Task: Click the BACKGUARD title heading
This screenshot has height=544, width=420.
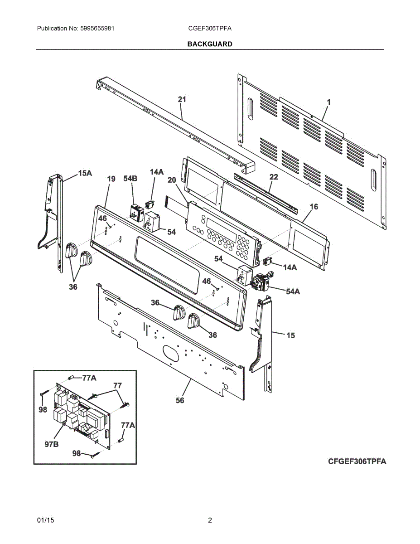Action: (210, 44)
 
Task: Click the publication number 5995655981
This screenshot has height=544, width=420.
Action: (97, 28)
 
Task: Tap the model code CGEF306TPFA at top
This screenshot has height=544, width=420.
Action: (210, 28)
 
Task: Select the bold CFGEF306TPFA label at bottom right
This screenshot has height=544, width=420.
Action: (357, 461)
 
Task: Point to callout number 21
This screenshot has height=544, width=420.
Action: (182, 99)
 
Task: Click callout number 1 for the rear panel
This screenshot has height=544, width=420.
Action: (329, 102)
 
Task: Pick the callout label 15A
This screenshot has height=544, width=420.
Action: (85, 173)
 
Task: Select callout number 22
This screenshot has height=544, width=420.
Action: (273, 177)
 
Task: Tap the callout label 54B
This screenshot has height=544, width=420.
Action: (130, 179)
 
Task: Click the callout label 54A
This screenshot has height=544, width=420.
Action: (293, 291)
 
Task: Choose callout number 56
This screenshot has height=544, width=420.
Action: (180, 400)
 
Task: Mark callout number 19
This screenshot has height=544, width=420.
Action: (111, 179)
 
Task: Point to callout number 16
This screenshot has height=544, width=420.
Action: (314, 207)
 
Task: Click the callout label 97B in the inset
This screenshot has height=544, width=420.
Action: (51, 444)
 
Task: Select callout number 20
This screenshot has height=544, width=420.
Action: (171, 180)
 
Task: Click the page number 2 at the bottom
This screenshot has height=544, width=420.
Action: (210, 520)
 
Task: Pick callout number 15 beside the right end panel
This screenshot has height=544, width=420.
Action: (290, 335)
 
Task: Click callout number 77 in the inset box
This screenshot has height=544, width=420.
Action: (117, 385)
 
